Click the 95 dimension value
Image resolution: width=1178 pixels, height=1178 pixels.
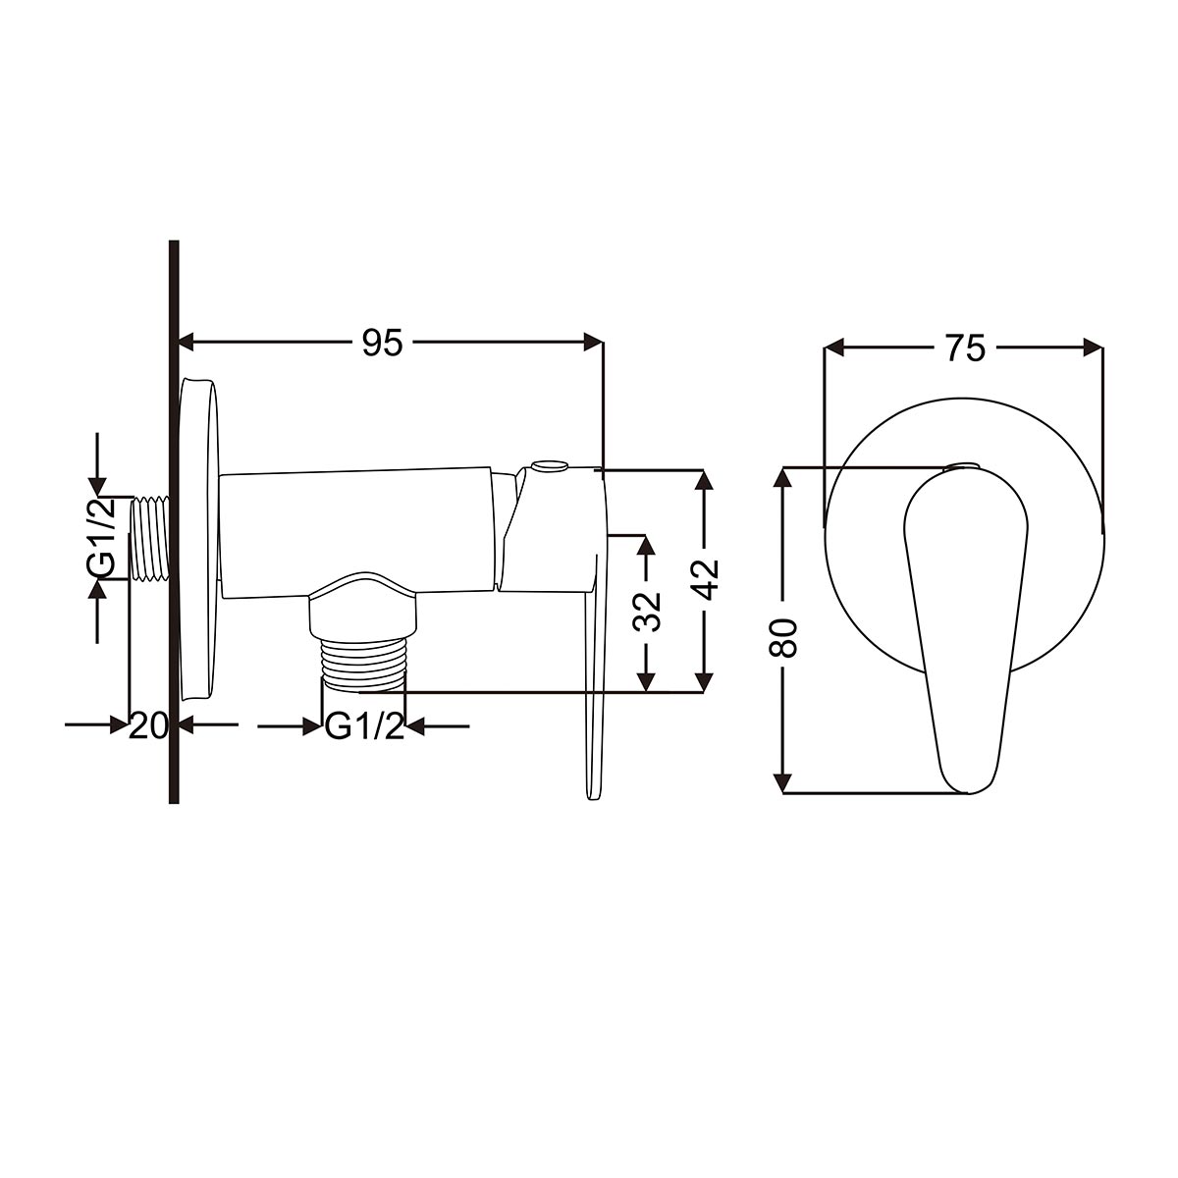click(x=383, y=343)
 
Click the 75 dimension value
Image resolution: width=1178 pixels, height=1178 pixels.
click(x=966, y=348)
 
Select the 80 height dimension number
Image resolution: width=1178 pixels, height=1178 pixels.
click(x=783, y=638)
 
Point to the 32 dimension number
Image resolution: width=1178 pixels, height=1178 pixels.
click(x=647, y=612)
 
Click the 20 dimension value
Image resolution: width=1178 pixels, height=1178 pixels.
click(x=148, y=726)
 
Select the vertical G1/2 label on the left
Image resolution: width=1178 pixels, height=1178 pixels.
click(x=101, y=538)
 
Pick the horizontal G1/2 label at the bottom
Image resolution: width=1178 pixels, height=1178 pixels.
click(x=364, y=726)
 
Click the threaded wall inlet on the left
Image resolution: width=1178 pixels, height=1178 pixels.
click(x=151, y=538)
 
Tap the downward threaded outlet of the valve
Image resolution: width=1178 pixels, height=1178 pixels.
click(x=362, y=665)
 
